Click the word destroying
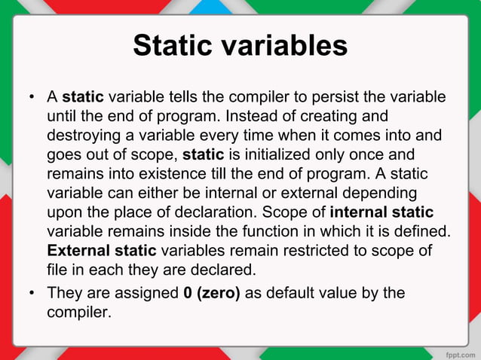tap(81, 136)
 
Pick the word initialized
tap(269, 156)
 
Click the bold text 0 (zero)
tap(212, 293)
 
